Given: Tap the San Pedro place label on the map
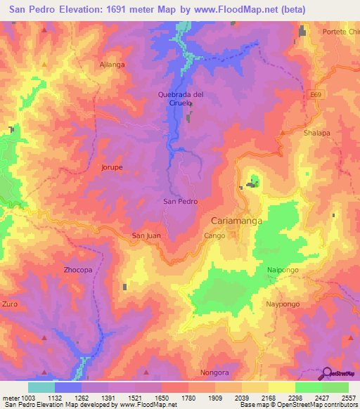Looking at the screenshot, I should [180, 201].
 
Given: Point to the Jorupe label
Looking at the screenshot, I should [112, 168].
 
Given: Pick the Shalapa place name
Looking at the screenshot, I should [316, 132].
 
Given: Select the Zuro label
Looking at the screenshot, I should [10, 304].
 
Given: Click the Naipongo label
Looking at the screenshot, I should [284, 270].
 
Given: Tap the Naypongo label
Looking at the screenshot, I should [283, 304].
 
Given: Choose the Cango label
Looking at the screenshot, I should [215, 235].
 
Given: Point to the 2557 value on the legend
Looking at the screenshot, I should [347, 398].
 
